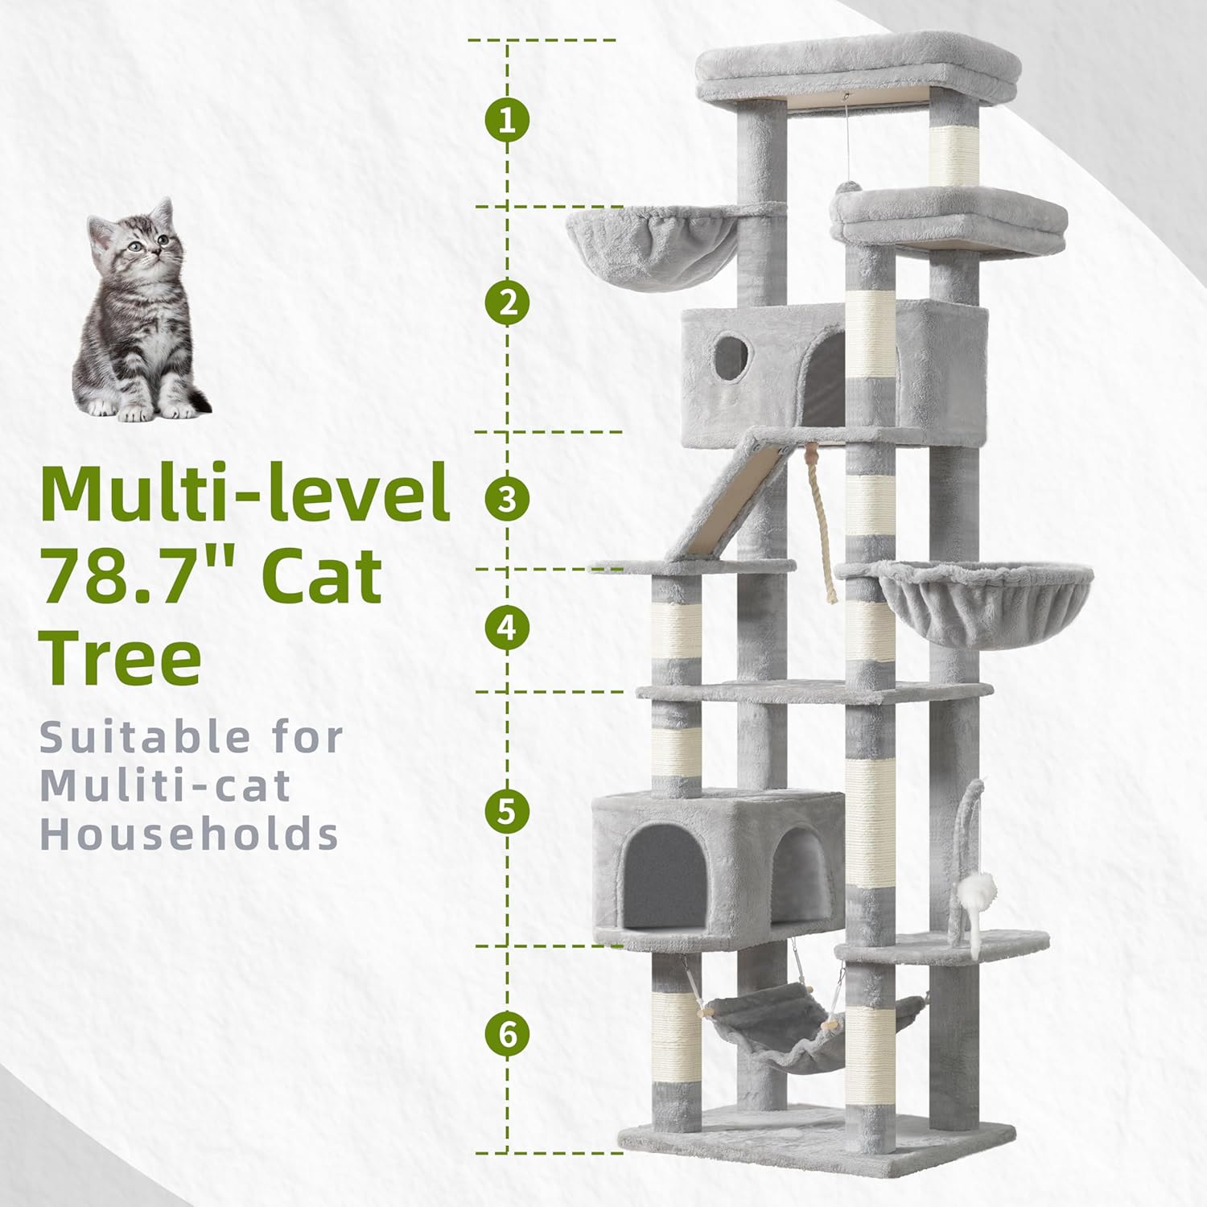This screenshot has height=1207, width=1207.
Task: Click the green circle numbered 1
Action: pyautogui.click(x=507, y=122)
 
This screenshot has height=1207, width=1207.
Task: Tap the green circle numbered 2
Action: pyautogui.click(x=507, y=303)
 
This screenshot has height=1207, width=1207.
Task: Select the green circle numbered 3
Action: pyautogui.click(x=507, y=499)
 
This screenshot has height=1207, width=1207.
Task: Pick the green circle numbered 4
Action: pyautogui.click(x=507, y=628)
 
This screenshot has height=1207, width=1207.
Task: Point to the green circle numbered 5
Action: pyautogui.click(x=507, y=811)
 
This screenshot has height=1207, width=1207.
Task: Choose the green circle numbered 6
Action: pyautogui.click(x=507, y=1034)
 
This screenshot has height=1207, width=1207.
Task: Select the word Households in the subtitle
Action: pyautogui.click(x=189, y=834)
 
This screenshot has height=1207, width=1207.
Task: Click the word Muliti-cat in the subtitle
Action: pyautogui.click(x=165, y=785)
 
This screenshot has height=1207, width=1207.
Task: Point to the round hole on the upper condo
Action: pyautogui.click(x=729, y=357)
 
